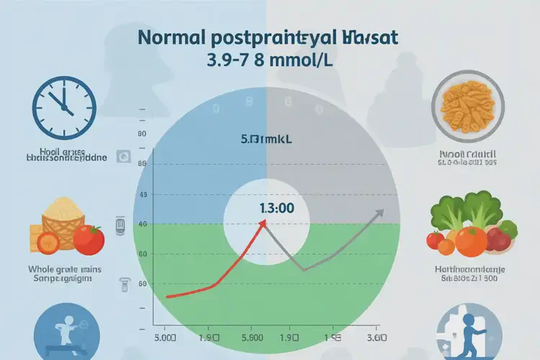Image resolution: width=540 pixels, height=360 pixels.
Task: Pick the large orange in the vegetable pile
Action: pos(471,240)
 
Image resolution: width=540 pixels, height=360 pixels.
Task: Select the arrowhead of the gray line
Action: pos(379,212)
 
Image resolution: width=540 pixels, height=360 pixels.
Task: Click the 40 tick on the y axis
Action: pos(142,225)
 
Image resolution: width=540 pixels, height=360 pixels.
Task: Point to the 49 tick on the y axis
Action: pos(142,195)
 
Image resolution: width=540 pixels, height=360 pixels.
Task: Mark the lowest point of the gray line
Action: pos(302,271)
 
